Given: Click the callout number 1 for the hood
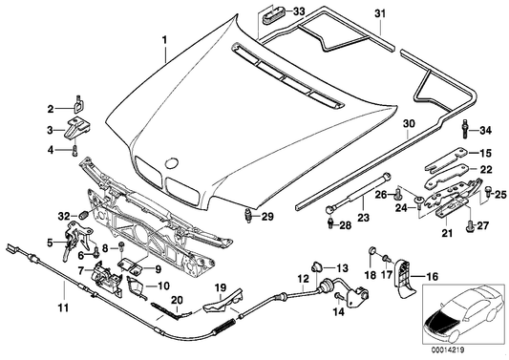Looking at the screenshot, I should pyautogui.click(x=164, y=41).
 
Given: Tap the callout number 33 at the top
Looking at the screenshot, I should pyautogui.click(x=301, y=11).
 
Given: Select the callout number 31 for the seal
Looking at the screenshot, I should pyautogui.click(x=380, y=14).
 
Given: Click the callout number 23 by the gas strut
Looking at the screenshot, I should pyautogui.click(x=363, y=217).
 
